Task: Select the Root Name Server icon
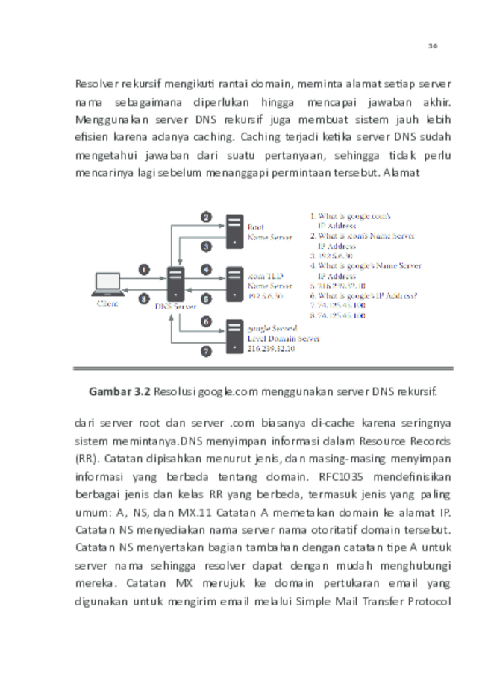(236, 230)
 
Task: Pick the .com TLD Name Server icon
(236, 284)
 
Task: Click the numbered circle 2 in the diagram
(206, 217)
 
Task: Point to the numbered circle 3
(206, 245)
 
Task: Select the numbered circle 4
(206, 269)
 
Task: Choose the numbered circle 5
(206, 298)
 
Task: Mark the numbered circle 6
(206, 321)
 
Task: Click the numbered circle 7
(206, 350)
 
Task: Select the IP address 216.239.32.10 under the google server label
(271, 348)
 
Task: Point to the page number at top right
(432, 46)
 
